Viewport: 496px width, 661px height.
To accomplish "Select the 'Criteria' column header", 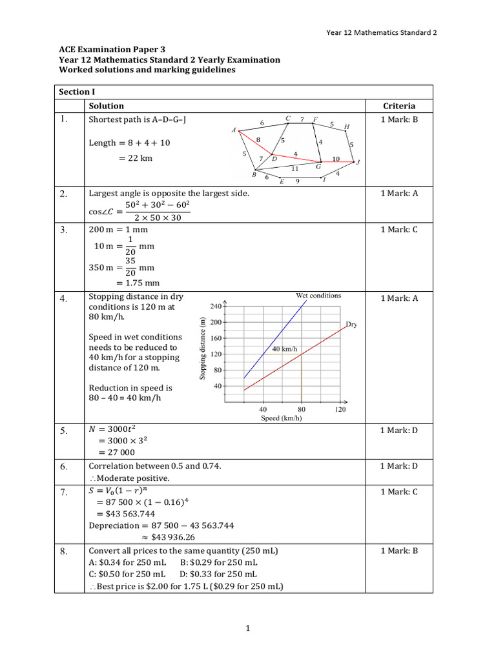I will pos(399,106).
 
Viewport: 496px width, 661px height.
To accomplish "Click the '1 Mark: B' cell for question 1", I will pos(399,119).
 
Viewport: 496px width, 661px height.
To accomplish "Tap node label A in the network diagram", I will pos(234,130).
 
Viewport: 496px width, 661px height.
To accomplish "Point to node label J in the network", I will pos(358,163).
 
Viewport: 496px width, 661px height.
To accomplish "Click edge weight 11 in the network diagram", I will pos(294,168).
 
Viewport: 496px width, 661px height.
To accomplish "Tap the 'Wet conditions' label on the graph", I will pos(318,296).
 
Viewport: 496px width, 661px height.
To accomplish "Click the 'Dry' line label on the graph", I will pos(351,325).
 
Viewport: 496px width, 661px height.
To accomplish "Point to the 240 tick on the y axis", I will pos(216,306).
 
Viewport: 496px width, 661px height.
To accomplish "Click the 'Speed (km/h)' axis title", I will pos(280,418).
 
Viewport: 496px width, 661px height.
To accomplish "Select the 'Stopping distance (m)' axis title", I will pos(203,349).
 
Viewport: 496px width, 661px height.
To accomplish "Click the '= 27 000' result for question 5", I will pos(116,453).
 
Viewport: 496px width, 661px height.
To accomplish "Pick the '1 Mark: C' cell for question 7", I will pos(399,492).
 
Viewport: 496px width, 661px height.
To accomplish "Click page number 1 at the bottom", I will pos(247,629).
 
